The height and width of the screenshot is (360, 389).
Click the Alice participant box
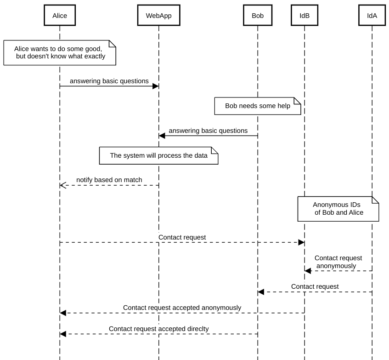[60, 15]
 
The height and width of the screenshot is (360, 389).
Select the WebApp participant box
[159, 15]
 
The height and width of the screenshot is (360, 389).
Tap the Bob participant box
[258, 15]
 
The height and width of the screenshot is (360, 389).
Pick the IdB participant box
[304, 15]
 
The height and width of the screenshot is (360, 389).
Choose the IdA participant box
[372, 15]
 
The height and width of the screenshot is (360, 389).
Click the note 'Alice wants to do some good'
[60, 52]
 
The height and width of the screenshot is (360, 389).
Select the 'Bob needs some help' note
[258, 106]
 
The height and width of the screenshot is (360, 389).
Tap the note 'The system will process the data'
[159, 156]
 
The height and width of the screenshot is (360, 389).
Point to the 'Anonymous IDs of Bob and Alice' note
[338, 209]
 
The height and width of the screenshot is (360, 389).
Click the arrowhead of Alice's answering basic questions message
[156, 86]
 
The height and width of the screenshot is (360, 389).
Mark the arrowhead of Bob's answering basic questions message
[162, 136]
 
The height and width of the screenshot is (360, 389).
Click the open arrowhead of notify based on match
[63, 185]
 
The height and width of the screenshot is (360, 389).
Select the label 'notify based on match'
[109, 180]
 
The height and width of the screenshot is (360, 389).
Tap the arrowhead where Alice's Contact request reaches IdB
[301, 242]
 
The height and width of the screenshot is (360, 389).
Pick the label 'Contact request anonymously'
[338, 262]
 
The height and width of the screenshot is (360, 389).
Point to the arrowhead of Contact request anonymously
[308, 271]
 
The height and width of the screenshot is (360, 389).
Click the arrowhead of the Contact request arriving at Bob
[261, 292]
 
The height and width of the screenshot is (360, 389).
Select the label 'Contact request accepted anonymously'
[182, 308]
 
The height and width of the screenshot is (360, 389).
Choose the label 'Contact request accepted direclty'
[159, 329]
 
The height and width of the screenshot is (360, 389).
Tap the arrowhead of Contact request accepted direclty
[63, 334]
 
